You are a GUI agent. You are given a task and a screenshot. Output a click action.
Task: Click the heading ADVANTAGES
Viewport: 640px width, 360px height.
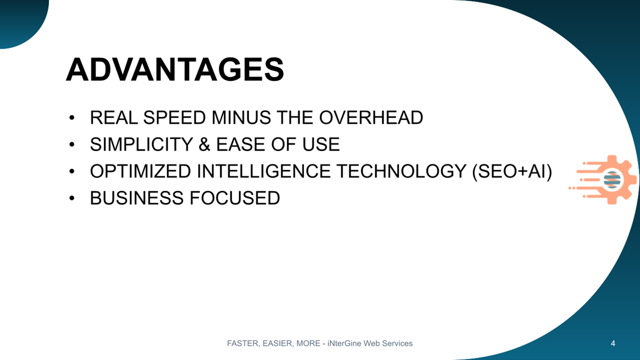point(175,70)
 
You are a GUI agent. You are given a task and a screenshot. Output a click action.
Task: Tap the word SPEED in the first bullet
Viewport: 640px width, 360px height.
point(174,118)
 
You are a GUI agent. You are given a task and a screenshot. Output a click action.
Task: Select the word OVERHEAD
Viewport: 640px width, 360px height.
point(371,118)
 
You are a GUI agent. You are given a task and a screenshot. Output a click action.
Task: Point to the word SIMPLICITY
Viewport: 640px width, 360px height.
point(142,144)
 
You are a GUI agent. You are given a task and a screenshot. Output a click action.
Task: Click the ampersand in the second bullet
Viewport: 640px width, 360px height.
point(204,144)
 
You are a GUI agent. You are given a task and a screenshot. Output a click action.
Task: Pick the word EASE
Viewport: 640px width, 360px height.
point(240,144)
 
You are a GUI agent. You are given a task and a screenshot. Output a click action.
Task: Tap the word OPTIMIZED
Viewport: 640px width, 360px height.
point(140,171)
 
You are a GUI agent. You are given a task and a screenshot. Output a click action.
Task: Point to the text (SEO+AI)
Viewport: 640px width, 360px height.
point(512,172)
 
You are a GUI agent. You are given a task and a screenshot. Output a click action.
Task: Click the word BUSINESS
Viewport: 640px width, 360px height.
point(136,198)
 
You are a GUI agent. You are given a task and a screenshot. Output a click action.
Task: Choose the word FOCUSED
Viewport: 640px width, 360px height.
point(235,198)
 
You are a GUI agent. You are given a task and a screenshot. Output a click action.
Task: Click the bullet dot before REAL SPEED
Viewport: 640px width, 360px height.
point(72,118)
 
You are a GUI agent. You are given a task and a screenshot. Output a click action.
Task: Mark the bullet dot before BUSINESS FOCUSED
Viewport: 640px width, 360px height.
point(72,198)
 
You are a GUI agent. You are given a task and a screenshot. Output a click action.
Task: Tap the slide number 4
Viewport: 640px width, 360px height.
point(613,343)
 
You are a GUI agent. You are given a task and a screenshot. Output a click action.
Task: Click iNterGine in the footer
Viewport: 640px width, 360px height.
point(344,343)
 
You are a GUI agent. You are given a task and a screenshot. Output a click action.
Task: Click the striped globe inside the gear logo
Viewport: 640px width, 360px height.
point(612,180)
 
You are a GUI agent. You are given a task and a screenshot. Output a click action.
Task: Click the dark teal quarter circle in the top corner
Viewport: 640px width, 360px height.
point(20,20)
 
